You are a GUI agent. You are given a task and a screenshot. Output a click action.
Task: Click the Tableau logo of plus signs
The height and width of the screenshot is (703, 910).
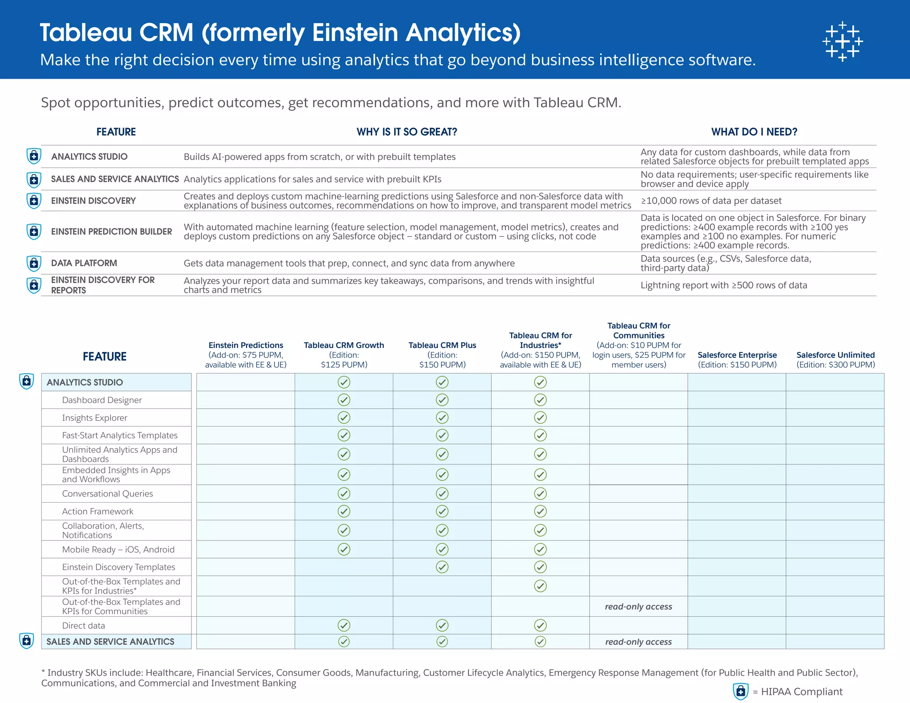pyautogui.click(x=842, y=41)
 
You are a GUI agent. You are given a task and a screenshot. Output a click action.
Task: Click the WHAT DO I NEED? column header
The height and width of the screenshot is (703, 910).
pyautogui.click(x=754, y=132)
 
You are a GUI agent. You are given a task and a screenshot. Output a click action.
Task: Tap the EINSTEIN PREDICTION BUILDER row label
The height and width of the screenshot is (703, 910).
pyautogui.click(x=111, y=232)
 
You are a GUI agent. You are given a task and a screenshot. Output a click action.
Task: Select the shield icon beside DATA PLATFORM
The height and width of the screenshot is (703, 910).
pyautogui.click(x=34, y=263)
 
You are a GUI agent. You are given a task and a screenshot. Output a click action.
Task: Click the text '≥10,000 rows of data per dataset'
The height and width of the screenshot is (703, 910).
pyautogui.click(x=710, y=201)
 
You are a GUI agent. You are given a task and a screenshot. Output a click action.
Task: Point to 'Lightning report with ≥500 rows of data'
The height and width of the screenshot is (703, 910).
pyautogui.click(x=723, y=285)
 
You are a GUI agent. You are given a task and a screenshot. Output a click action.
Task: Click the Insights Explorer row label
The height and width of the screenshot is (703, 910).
pyautogui.click(x=95, y=418)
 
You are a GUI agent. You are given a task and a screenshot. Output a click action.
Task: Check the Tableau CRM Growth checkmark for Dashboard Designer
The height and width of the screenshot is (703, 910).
pyautogui.click(x=344, y=400)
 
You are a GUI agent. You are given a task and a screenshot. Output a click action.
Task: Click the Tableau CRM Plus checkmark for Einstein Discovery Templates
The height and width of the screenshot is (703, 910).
pyautogui.click(x=442, y=567)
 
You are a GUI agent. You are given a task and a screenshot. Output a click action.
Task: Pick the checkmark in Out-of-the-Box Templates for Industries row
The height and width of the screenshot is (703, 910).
pyautogui.click(x=540, y=586)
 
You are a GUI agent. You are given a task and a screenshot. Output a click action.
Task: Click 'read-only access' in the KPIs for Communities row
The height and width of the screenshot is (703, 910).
pyautogui.click(x=639, y=607)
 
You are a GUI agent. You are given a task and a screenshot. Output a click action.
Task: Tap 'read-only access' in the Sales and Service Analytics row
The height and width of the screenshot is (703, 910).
pyautogui.click(x=639, y=642)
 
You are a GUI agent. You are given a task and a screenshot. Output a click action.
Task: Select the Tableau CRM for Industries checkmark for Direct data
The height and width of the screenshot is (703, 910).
pyautogui.click(x=540, y=626)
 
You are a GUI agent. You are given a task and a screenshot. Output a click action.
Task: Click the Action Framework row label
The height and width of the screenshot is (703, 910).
pyautogui.click(x=98, y=511)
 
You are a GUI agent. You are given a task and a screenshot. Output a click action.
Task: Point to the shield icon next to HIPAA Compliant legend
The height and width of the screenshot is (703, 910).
pyautogui.click(x=740, y=691)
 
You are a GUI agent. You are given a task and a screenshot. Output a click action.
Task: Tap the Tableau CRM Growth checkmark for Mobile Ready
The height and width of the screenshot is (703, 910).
pyautogui.click(x=344, y=549)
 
